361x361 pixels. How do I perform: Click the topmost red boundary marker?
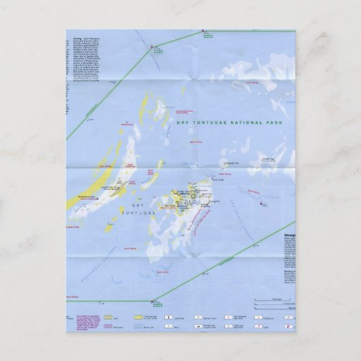pyautogui.click(x=203, y=31)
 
